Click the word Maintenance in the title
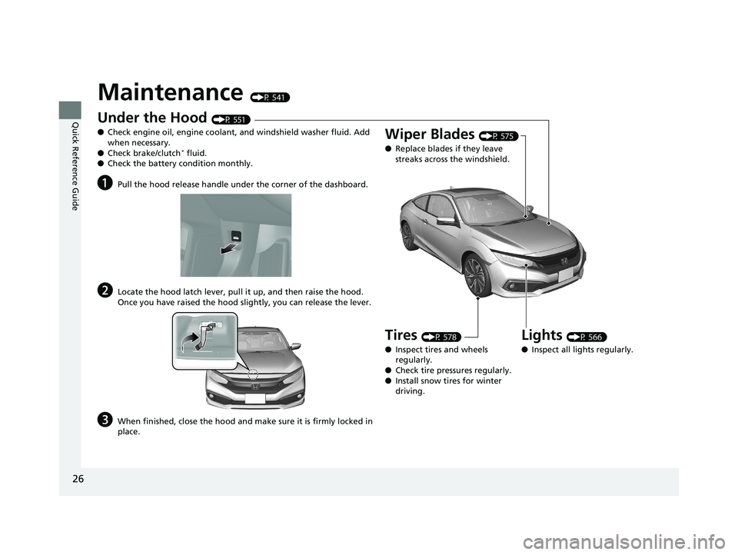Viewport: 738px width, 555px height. [x=170, y=92]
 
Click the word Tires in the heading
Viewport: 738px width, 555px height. [x=401, y=334]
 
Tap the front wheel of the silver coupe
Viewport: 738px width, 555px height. [x=480, y=277]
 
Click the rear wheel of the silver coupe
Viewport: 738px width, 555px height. [x=409, y=235]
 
